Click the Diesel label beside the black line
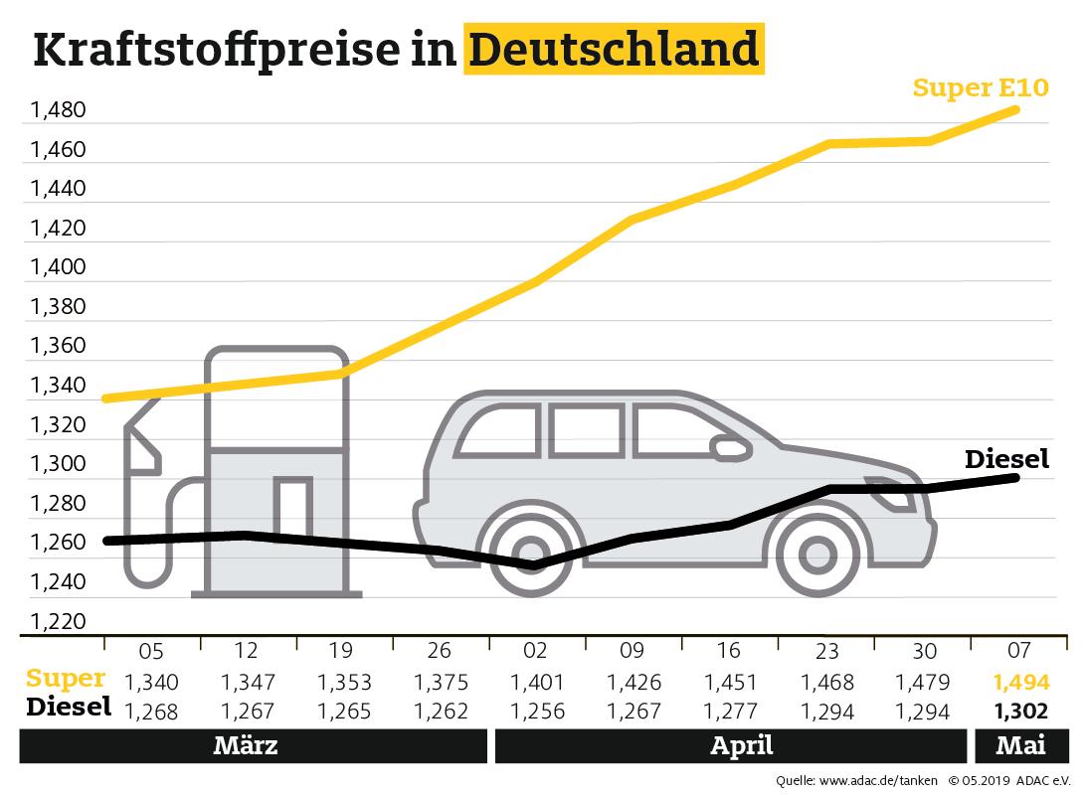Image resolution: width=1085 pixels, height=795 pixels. (x=1006, y=459)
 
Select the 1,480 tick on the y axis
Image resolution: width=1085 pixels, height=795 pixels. (x=59, y=110)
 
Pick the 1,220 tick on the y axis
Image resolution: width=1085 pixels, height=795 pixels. (x=59, y=622)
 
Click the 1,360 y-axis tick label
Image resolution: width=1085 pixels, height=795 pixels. (x=59, y=347)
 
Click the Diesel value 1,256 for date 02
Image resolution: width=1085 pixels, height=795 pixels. (x=536, y=711)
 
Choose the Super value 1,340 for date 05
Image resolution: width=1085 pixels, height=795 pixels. (x=150, y=683)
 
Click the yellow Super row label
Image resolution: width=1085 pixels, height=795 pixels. (x=66, y=679)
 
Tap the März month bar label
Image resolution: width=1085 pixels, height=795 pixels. (x=246, y=746)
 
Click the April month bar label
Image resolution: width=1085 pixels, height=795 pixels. (x=742, y=746)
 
